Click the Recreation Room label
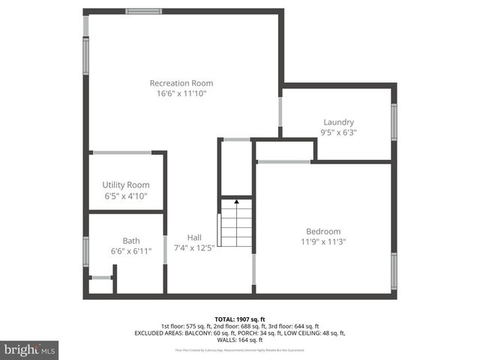[x=181, y=83]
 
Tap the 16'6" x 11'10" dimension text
[x=181, y=94]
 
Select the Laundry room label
[x=338, y=122]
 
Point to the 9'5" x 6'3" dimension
[x=338, y=132]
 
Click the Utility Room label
[x=125, y=184]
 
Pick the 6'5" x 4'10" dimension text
[x=125, y=196]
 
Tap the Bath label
[x=131, y=241]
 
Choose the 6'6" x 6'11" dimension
[x=131, y=251]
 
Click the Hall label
[x=194, y=237]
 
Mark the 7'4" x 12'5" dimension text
[x=194, y=247]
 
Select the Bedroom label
[x=323, y=231]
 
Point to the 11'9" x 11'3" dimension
[x=323, y=241]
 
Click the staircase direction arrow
[x=237, y=202]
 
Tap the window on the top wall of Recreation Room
[x=144, y=11]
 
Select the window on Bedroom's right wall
[x=394, y=266]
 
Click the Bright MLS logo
[x=30, y=349]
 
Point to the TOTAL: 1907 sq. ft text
[x=240, y=319]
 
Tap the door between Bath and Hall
[x=165, y=249]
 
